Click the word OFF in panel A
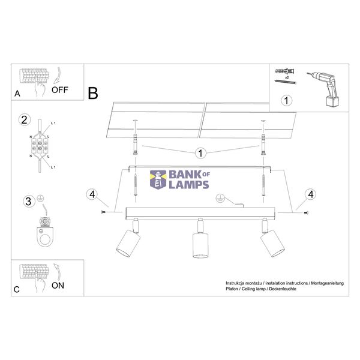tap(59, 90)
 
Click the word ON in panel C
tap(58, 286)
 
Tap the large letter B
tap(93, 93)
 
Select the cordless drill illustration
tap(323, 89)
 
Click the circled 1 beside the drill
tap(286, 101)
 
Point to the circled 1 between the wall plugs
tap(200, 153)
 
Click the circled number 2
tap(25, 120)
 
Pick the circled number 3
tap(29, 202)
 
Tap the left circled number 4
tap(92, 194)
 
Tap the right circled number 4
tap(310, 194)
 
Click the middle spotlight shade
tap(200, 245)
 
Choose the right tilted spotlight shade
tap(272, 244)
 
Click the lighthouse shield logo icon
tap(158, 180)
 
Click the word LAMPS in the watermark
tap(189, 185)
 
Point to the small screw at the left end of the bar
tap(103, 212)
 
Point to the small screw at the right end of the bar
tap(306, 213)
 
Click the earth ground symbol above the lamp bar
tap(220, 198)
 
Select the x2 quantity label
tap(287, 77)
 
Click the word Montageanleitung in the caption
tap(327, 283)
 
